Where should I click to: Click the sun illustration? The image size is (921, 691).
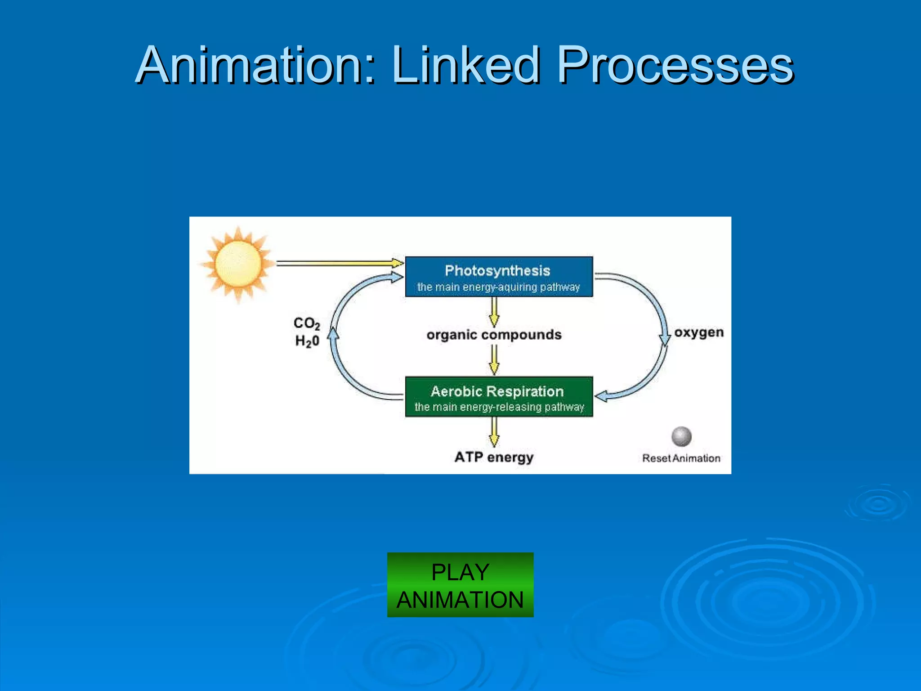click(238, 265)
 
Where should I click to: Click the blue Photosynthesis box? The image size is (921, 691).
click(499, 277)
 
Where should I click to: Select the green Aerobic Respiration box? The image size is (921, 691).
click(499, 397)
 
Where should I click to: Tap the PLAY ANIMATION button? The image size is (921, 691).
click(460, 585)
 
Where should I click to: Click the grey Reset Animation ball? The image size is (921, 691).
click(681, 436)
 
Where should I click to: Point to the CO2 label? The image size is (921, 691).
click(307, 323)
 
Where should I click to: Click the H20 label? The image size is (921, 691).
click(307, 341)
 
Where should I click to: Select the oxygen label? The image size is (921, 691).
click(699, 332)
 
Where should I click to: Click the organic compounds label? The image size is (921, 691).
click(494, 335)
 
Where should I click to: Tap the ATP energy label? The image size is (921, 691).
click(494, 457)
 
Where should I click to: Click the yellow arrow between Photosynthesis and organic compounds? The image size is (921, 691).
click(494, 312)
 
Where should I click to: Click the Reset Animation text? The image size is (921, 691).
click(681, 458)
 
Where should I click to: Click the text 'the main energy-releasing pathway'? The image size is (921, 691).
click(499, 407)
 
